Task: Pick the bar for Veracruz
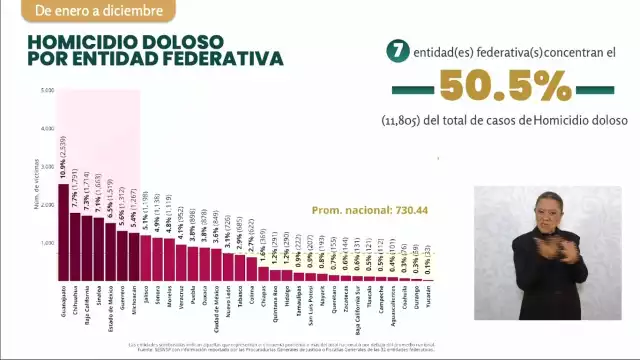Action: pos(181,262)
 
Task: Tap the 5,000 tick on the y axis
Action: pos(47,91)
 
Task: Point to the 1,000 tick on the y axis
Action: pos(47,243)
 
